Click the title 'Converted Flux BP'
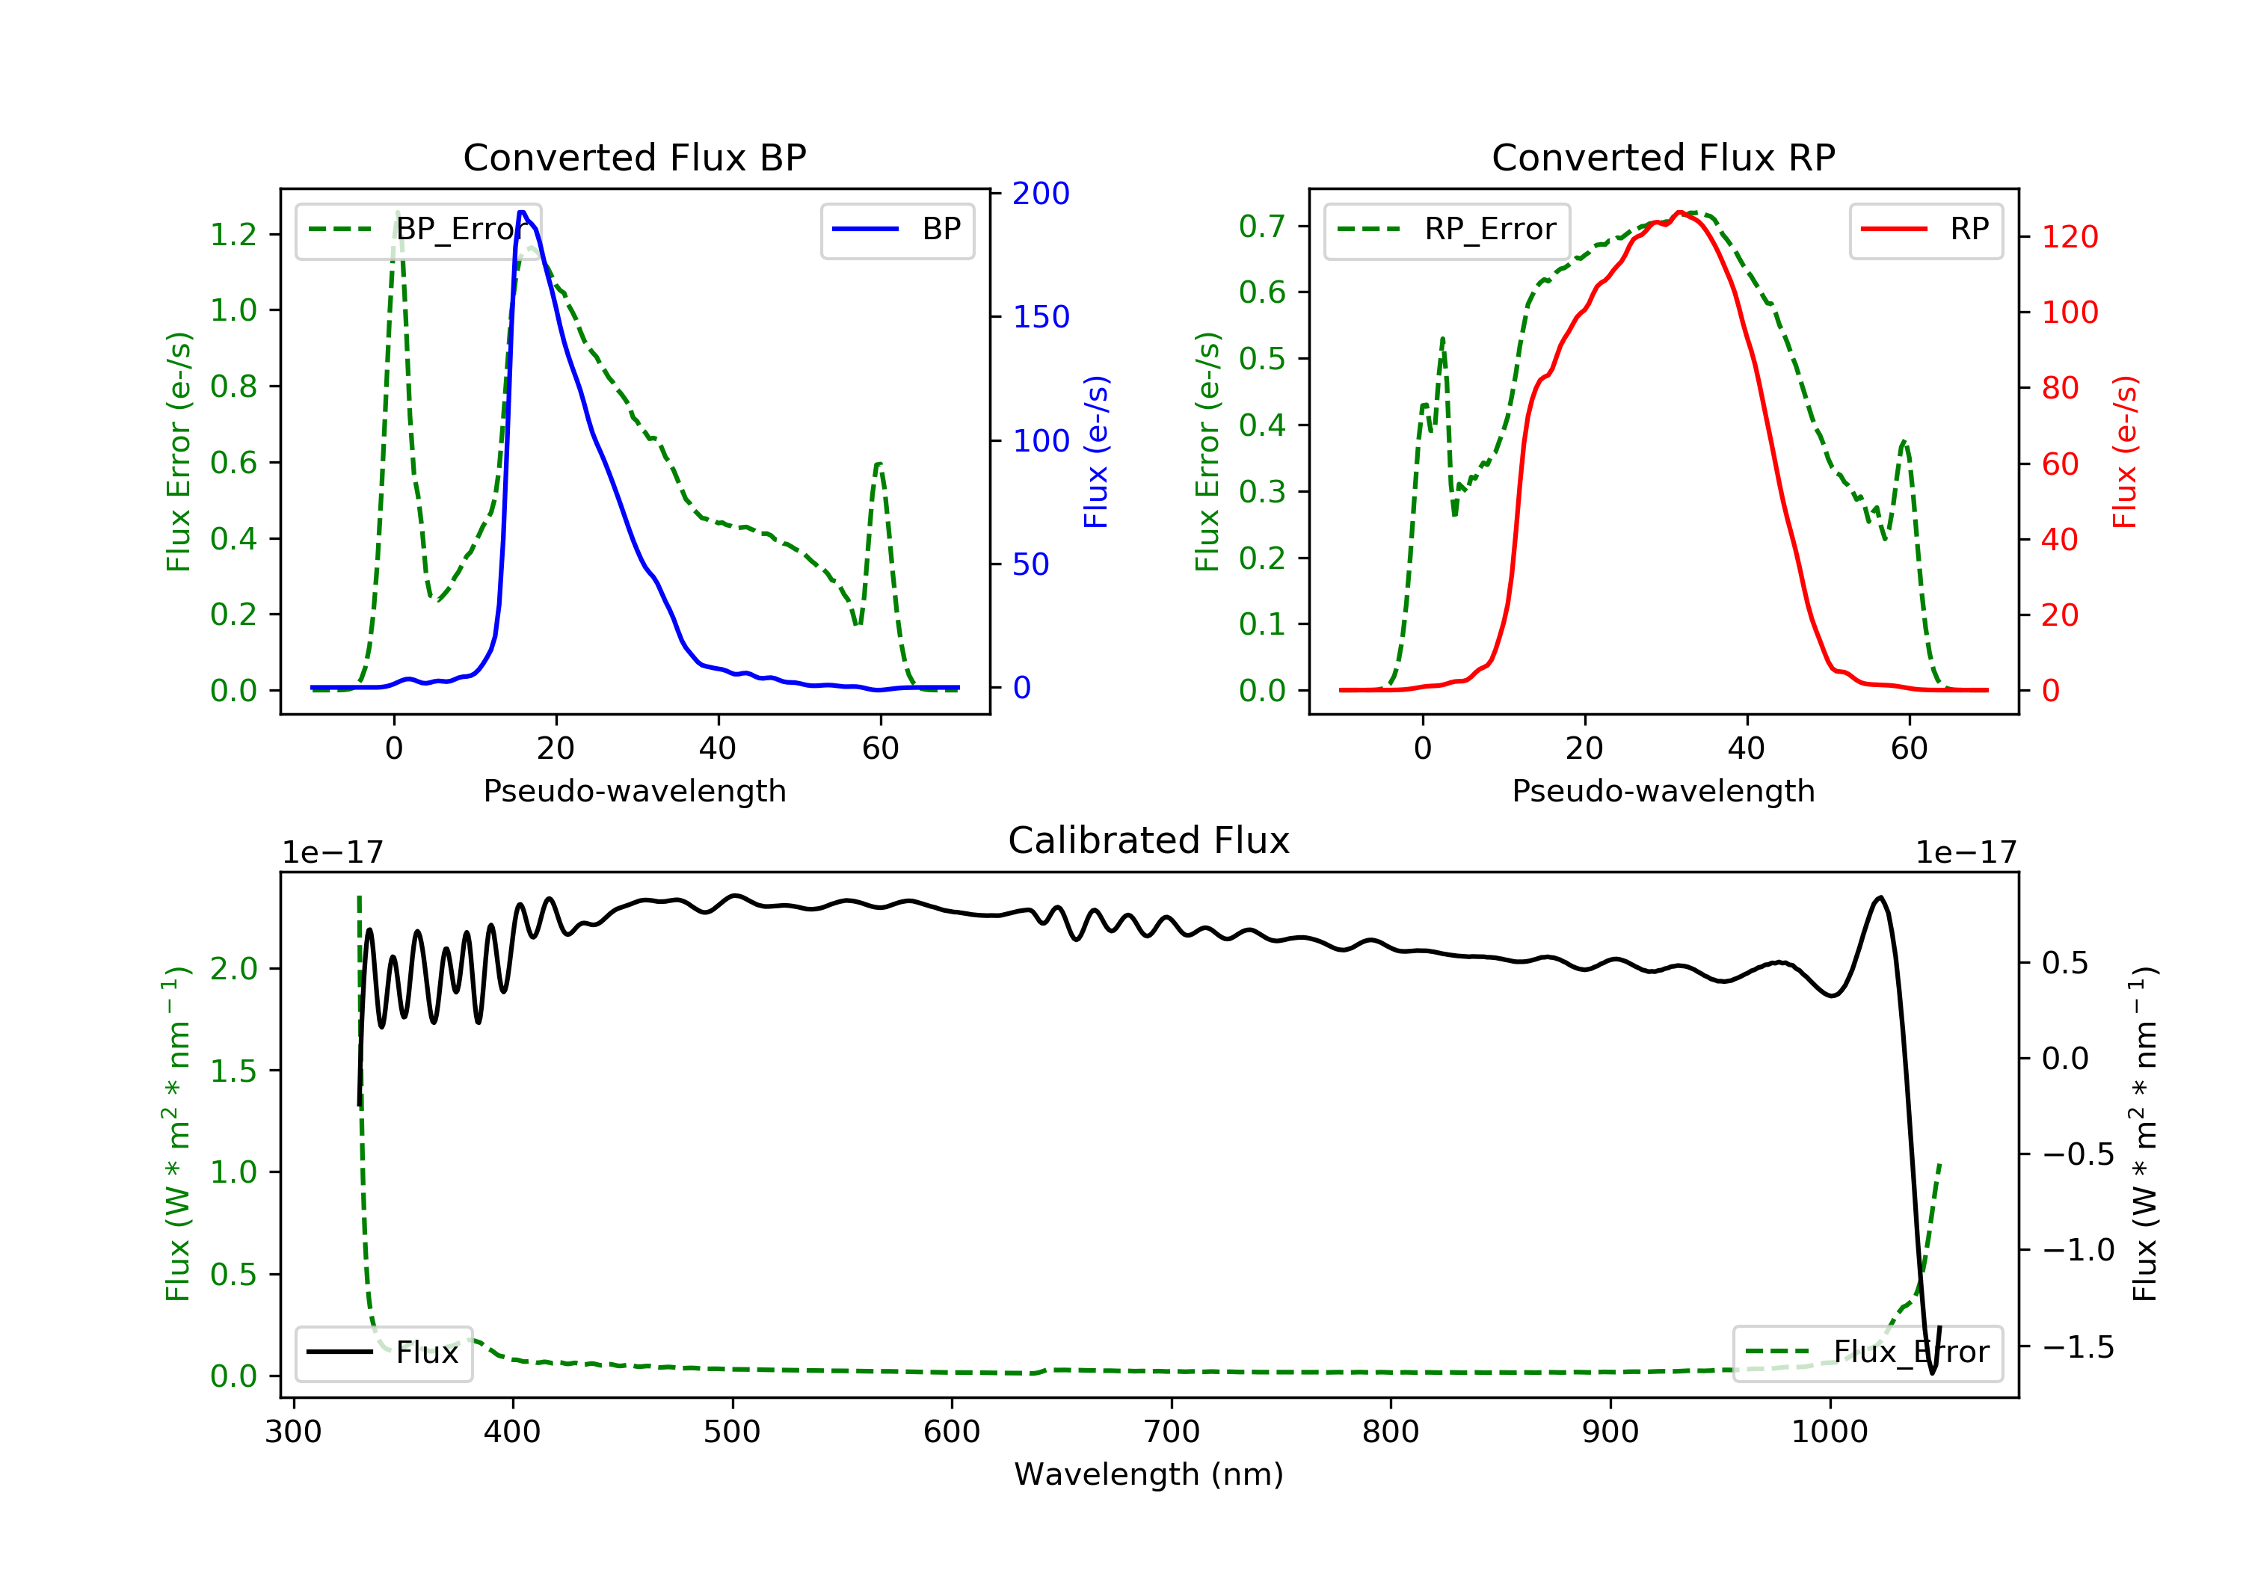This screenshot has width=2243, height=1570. [634, 157]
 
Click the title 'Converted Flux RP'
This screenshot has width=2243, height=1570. [1663, 157]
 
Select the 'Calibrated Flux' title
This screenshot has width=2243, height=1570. [1149, 840]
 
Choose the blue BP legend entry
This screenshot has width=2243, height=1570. [896, 230]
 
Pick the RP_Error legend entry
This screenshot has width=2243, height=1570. [1446, 230]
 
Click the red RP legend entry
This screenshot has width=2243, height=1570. [1925, 230]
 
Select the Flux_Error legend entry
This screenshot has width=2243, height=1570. [1867, 1352]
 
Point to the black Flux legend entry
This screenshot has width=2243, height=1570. [383, 1352]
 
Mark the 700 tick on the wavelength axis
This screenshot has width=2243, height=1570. [1172, 1432]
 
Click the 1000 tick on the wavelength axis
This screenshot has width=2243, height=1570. [1830, 1432]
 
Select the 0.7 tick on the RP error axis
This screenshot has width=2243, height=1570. [1262, 226]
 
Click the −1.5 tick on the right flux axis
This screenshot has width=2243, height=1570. [2078, 1347]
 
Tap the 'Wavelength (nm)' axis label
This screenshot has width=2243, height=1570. [1149, 1474]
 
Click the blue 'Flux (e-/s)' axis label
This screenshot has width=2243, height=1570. [1096, 452]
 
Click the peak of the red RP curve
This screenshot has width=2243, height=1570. [1679, 212]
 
